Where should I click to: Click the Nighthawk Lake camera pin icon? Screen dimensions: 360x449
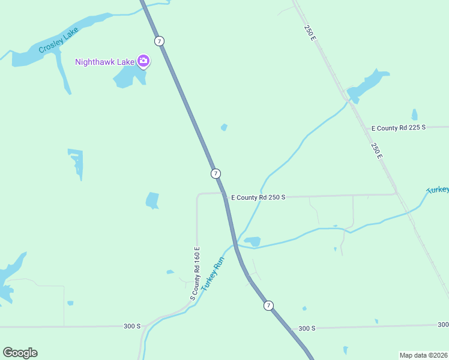(143, 61)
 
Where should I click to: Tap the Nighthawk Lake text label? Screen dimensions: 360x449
(105, 62)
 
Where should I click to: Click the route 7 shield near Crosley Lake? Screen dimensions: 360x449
(158, 41)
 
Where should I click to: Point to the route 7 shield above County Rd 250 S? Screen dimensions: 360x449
(215, 173)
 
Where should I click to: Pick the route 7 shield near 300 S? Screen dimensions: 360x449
(268, 305)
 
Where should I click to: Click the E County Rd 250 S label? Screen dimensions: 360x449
(258, 197)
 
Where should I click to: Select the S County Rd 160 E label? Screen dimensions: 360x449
(195, 274)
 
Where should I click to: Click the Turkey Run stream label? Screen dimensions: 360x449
(212, 274)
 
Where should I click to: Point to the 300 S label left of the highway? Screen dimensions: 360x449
(132, 326)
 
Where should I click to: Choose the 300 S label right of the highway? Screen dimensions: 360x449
(306, 328)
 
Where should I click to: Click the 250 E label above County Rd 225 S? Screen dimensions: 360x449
(310, 32)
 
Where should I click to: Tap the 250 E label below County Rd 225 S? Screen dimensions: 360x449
(376, 151)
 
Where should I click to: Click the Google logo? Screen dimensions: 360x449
(20, 353)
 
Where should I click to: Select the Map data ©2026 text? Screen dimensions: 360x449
(423, 355)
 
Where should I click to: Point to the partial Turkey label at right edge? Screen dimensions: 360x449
(438, 190)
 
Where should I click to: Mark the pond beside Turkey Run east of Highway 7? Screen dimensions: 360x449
(252, 241)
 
